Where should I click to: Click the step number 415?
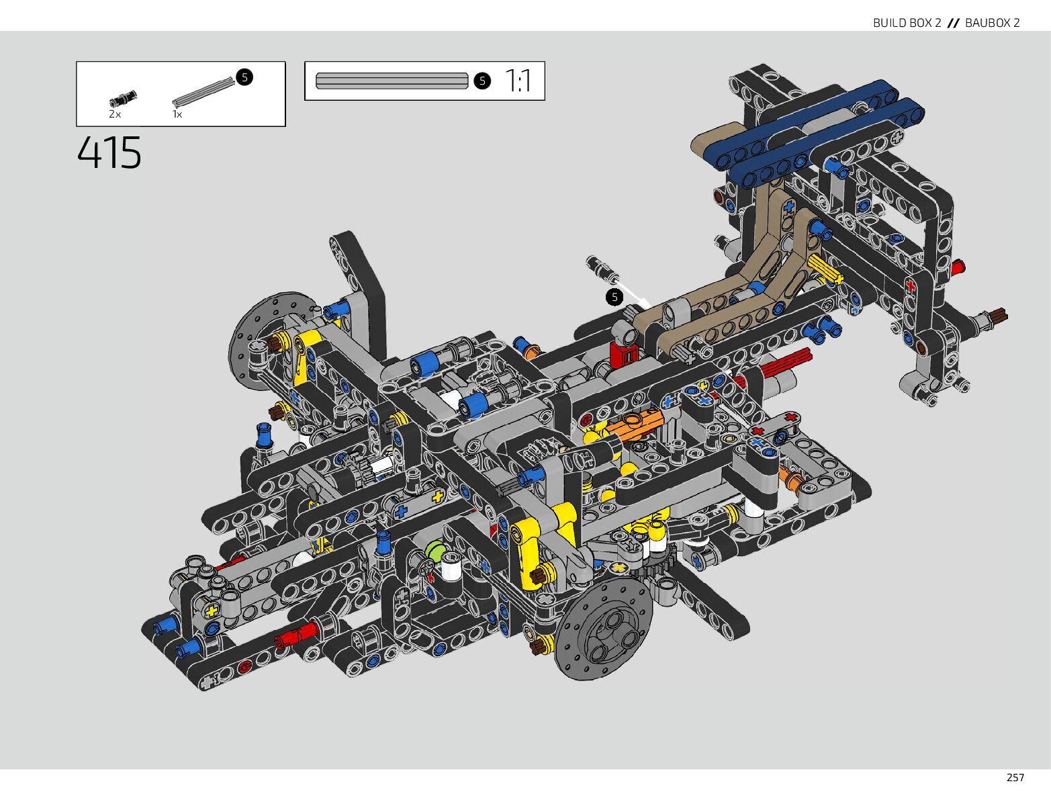[109, 152]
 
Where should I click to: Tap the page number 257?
[1015, 778]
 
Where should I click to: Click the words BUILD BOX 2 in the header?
[907, 23]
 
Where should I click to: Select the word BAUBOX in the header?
[987, 23]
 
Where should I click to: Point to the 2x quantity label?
[115, 114]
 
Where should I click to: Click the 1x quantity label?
[177, 114]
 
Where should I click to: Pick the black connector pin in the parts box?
[123, 97]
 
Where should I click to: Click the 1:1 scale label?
[518, 81]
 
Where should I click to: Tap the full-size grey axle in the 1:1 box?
[392, 81]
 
